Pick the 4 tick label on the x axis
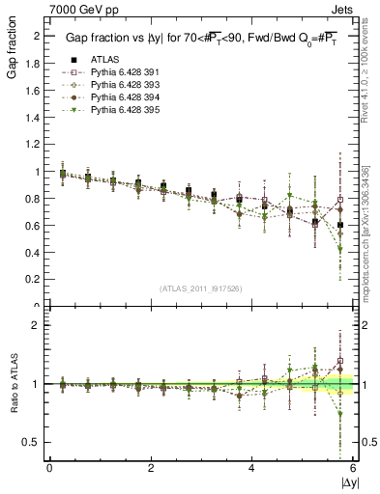(x=252, y=468)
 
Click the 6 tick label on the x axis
(x=353, y=468)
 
